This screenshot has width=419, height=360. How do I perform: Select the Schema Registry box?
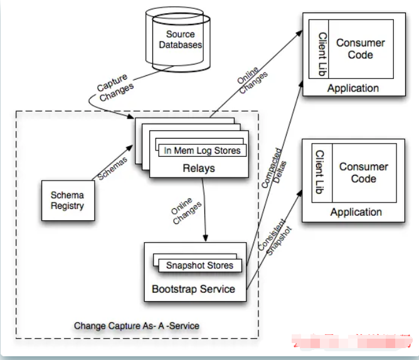(x=66, y=200)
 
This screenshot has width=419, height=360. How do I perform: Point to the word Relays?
(x=198, y=168)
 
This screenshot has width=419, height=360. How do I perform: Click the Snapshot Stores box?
(x=199, y=265)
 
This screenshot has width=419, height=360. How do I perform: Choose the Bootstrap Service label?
(x=193, y=289)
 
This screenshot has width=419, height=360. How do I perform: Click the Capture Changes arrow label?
(x=115, y=87)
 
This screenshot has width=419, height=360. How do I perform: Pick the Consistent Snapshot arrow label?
(x=273, y=236)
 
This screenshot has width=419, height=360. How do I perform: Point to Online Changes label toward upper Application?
(x=252, y=81)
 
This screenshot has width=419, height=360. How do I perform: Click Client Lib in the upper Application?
(x=322, y=55)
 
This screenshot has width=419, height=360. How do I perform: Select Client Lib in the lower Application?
(x=319, y=172)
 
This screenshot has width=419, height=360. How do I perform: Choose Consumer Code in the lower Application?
(x=364, y=172)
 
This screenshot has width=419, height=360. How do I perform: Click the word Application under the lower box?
(x=356, y=213)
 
